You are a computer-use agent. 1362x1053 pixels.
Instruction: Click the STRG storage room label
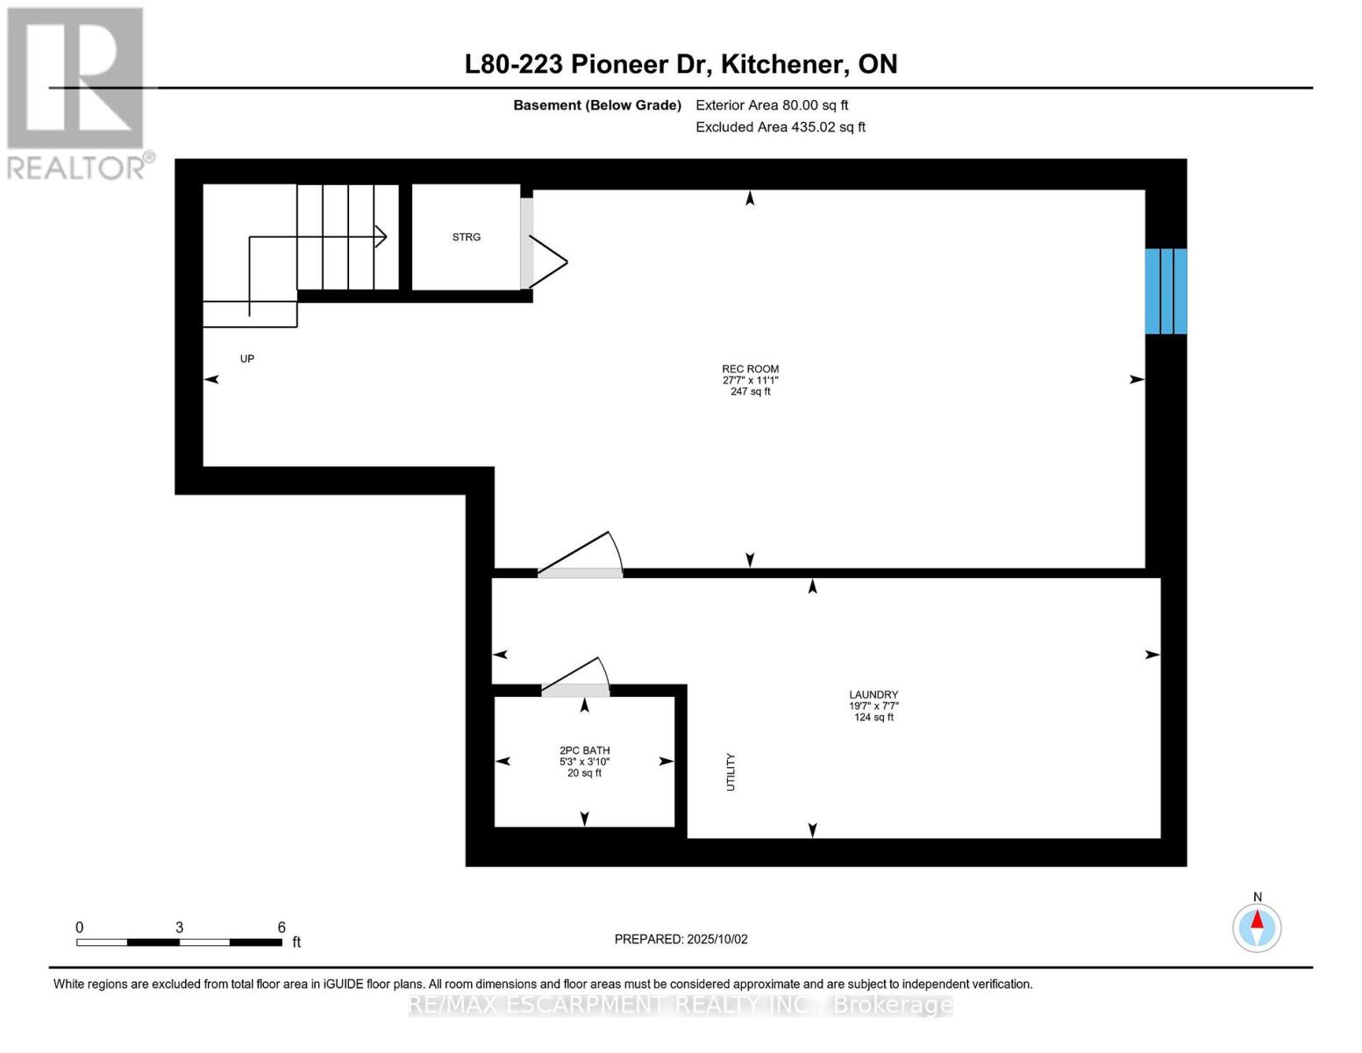click(x=466, y=237)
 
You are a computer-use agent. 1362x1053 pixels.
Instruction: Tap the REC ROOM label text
click(x=750, y=369)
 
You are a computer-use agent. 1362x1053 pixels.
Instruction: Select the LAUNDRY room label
click(x=873, y=695)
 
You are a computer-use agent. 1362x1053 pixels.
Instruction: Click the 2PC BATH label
click(x=584, y=750)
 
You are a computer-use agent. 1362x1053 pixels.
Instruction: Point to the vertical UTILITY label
click(x=731, y=772)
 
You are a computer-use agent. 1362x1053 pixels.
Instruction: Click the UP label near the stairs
click(x=247, y=359)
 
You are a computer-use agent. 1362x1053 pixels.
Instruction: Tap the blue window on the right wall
click(x=1166, y=291)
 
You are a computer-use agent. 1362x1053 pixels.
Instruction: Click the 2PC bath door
click(x=575, y=680)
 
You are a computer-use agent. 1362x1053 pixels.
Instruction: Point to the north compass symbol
click(x=1257, y=927)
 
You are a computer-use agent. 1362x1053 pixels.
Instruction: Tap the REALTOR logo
click(x=76, y=92)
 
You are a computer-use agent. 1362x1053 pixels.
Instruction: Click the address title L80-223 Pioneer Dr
click(x=681, y=64)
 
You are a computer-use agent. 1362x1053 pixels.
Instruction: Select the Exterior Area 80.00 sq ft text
click(x=772, y=105)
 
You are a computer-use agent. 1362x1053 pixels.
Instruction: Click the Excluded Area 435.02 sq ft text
click(x=781, y=127)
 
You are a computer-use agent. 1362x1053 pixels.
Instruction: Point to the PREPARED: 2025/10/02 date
click(x=681, y=939)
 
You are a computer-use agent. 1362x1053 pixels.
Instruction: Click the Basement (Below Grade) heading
click(x=596, y=105)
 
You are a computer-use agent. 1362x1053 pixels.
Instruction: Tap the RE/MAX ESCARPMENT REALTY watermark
click(x=681, y=1005)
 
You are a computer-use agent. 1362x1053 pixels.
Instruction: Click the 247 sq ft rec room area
click(x=750, y=391)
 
